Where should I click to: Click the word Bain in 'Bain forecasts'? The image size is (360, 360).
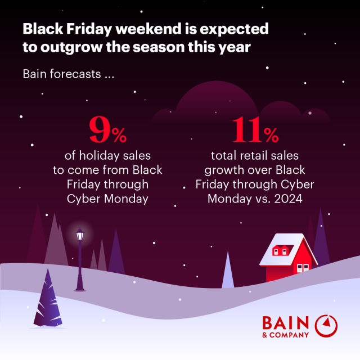pyautogui.click(x=35, y=74)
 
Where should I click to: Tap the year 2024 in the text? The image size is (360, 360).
pyautogui.click(x=287, y=199)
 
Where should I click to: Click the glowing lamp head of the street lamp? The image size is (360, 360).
pyautogui.click(x=79, y=233)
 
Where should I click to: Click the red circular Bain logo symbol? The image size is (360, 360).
pyautogui.click(x=326, y=326)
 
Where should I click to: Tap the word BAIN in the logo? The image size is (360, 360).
pyautogui.click(x=285, y=323)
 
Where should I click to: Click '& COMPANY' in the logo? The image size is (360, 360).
pyautogui.click(x=285, y=335)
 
